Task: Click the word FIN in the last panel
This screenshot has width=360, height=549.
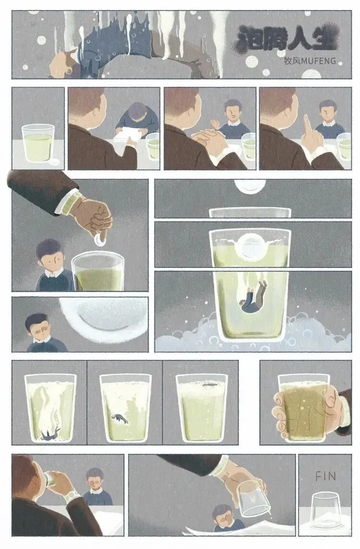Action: [325, 476]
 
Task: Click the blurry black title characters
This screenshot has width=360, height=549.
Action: [287, 38]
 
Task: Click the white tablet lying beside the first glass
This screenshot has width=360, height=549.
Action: [55, 161]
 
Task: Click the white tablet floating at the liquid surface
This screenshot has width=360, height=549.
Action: [250, 249]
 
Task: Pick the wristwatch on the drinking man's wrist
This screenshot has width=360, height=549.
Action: [72, 494]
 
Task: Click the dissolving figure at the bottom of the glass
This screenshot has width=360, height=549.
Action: [49, 435]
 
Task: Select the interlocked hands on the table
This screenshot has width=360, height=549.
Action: [207, 139]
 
